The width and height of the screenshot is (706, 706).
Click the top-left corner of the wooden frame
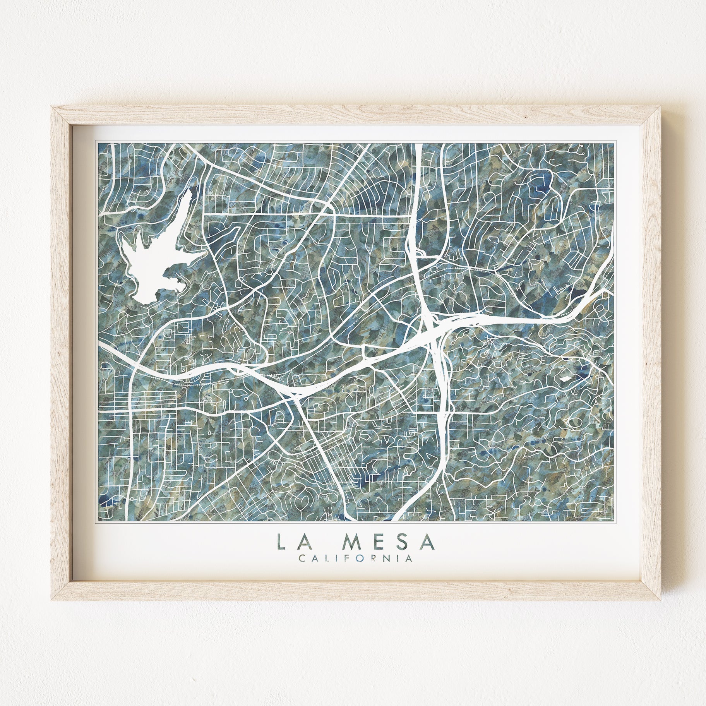52,107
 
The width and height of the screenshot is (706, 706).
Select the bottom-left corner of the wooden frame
52,600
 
